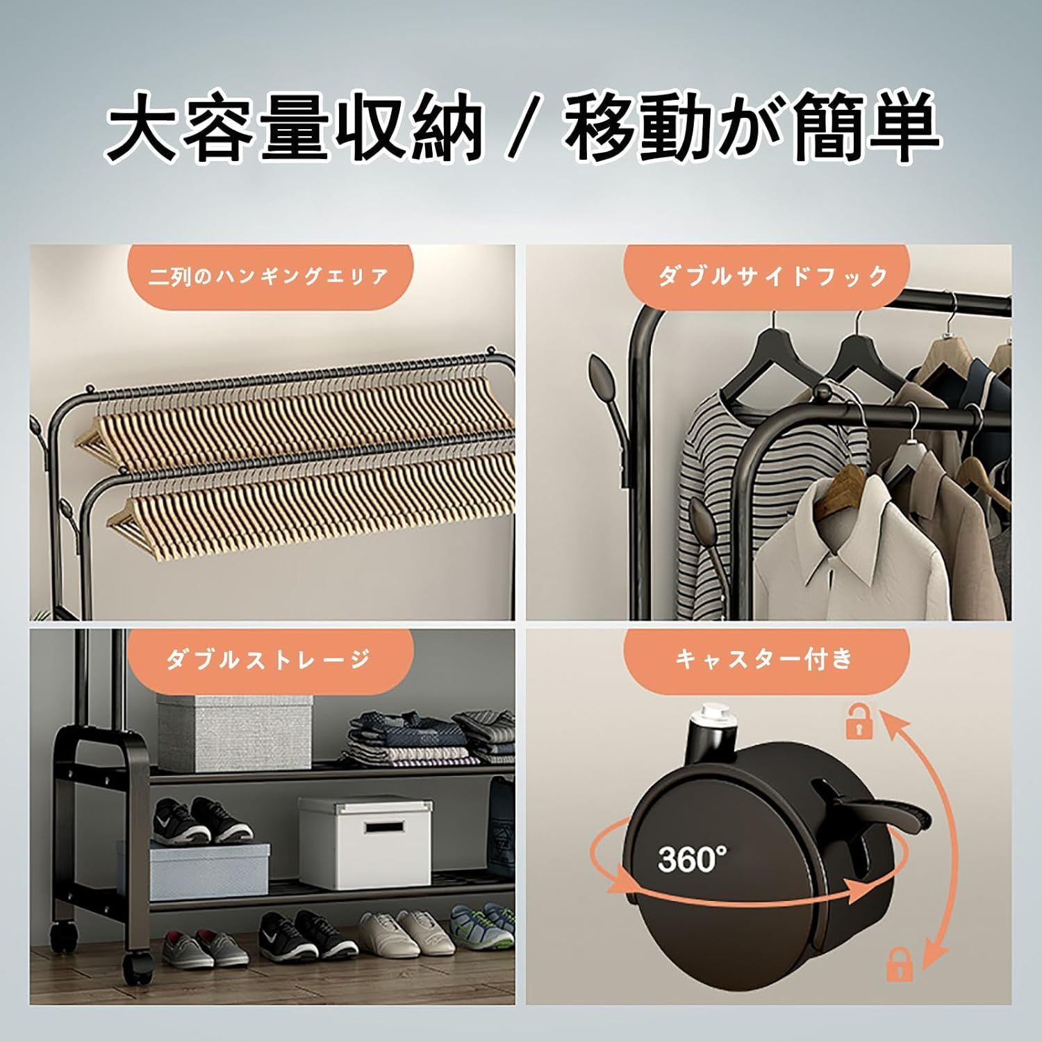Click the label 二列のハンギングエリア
268,276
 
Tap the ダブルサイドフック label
773,276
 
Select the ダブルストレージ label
268,659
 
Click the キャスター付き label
764,659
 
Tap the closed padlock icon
900,964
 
